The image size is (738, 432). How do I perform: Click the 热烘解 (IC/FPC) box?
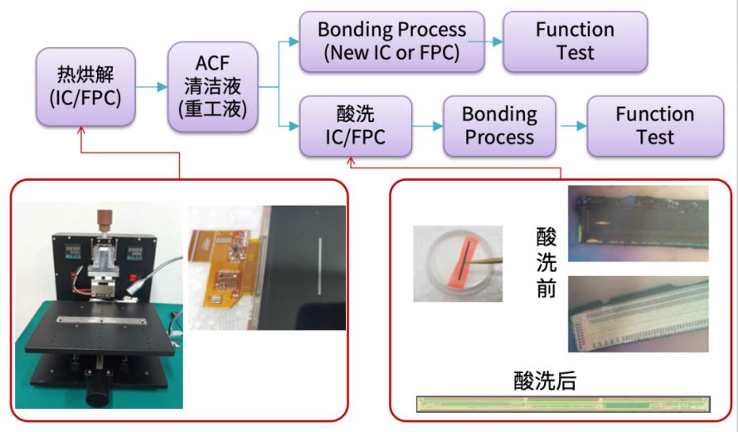(85, 87)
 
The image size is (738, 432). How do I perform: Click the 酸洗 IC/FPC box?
(355, 125)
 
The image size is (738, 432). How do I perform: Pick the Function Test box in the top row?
(575, 41)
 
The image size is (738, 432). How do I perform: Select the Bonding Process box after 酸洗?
(499, 125)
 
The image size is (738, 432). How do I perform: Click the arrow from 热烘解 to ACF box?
(151, 86)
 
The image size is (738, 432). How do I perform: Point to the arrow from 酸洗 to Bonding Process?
(428, 125)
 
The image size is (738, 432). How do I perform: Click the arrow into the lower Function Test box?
(573, 125)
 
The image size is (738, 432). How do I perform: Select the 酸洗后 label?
(545, 381)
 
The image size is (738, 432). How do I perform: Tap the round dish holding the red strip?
(457, 262)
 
